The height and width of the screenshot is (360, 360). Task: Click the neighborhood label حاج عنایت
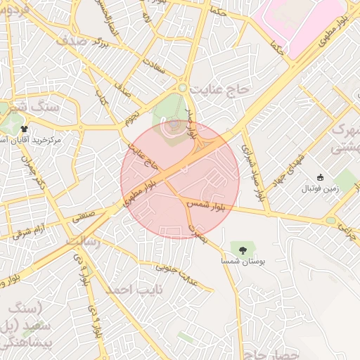click(224, 89)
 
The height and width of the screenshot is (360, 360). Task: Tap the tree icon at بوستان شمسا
click(243, 249)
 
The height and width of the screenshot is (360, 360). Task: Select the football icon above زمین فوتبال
click(321, 177)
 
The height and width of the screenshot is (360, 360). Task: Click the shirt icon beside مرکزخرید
click(25, 129)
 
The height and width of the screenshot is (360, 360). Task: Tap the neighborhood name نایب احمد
click(134, 289)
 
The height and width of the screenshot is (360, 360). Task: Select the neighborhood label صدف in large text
click(72, 41)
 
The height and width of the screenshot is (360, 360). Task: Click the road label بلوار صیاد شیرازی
click(254, 173)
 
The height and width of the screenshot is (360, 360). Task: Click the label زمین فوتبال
click(321, 188)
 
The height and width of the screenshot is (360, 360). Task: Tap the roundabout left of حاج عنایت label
click(182, 88)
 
